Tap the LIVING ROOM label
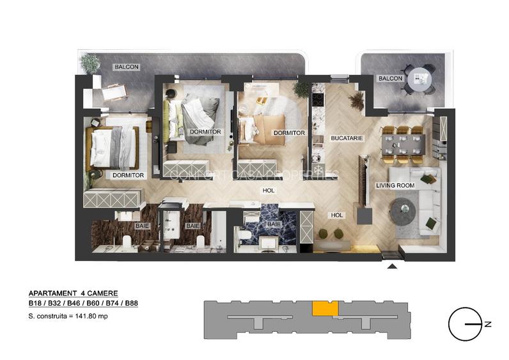[x=395, y=185]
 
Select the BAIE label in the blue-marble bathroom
[x=273, y=224]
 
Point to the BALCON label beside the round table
[x=391, y=79]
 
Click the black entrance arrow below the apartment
[x=391, y=266]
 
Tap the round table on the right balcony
[x=421, y=78]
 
